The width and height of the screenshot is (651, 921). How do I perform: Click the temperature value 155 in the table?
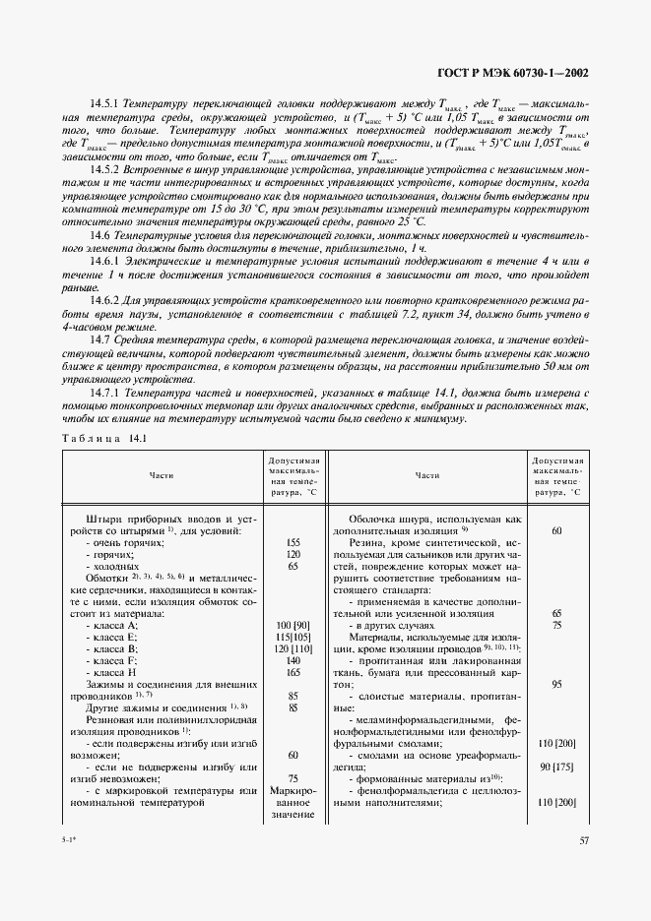293,542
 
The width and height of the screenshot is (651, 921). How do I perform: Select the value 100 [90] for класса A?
293,626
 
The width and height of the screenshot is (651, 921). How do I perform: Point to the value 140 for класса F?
293,660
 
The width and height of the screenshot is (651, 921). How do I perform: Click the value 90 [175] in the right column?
556,767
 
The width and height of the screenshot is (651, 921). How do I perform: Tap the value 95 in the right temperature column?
556,683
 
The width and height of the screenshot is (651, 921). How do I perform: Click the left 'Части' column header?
163,475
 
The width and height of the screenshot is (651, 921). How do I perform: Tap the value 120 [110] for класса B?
293,649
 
